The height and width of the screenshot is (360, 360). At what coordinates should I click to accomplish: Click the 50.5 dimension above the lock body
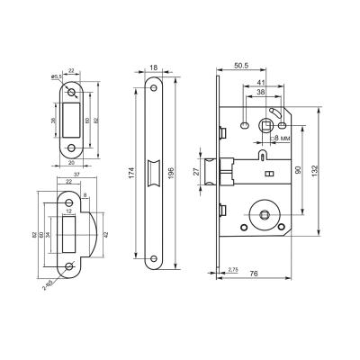point(240,66)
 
